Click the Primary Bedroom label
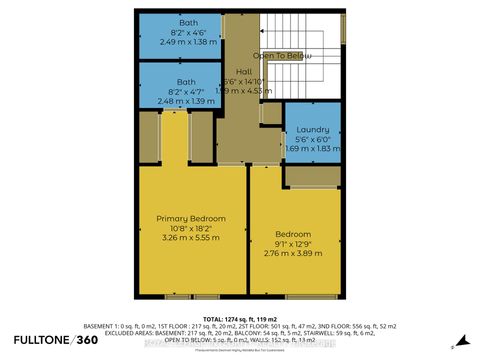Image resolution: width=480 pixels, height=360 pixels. pos(190,218)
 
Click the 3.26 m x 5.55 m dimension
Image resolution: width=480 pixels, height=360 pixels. pos(190,239)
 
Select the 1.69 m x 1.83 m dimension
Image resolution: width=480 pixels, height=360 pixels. pos(312,149)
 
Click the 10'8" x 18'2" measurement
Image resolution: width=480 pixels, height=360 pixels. pos(190,229)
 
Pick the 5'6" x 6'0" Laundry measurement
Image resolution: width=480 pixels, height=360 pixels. pos(312,138)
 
